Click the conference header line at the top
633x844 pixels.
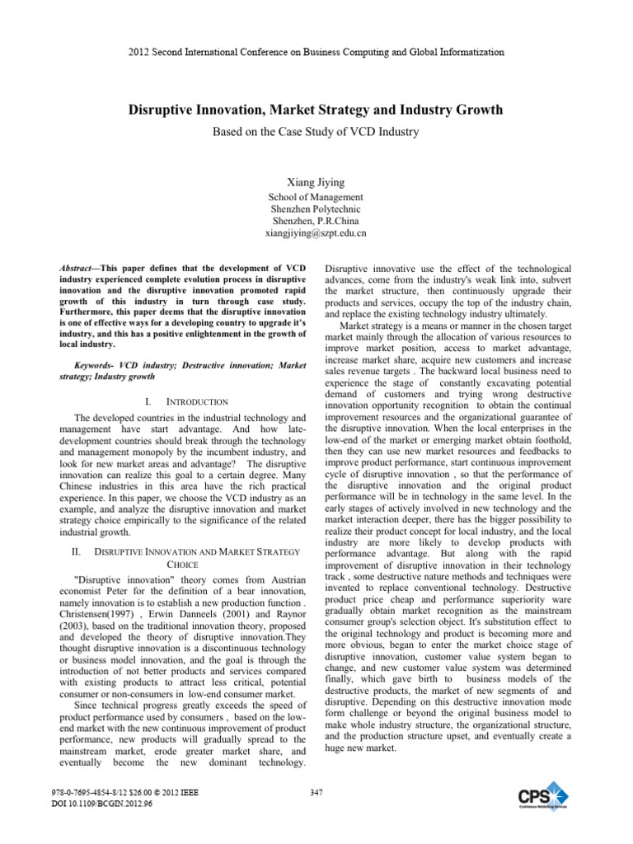click(316, 52)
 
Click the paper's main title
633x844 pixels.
click(316, 109)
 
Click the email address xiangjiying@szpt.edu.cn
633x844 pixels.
click(316, 233)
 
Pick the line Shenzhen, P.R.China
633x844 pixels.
click(316, 221)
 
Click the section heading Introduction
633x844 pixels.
click(197, 401)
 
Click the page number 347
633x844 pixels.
click(316, 794)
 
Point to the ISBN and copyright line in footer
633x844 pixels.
click(132, 794)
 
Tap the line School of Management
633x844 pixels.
click(316, 197)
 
